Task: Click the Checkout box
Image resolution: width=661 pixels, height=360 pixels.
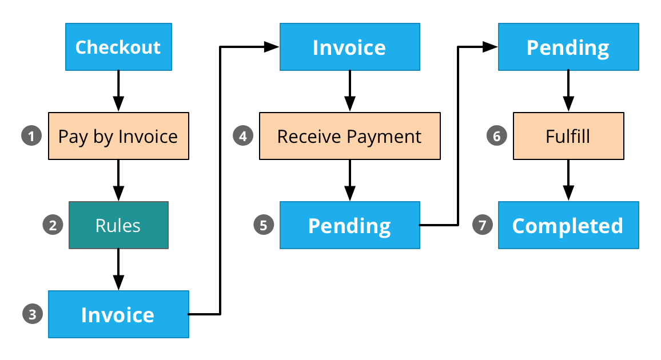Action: [118, 47]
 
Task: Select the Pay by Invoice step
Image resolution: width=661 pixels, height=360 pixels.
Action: [118, 136]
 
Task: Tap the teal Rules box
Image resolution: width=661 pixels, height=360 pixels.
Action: [118, 225]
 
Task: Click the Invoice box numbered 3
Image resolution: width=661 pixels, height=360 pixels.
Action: [118, 314]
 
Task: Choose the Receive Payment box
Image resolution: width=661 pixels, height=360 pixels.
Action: [349, 136]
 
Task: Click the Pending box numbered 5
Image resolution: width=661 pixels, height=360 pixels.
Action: [349, 225]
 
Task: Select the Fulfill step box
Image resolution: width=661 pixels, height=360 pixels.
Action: [568, 136]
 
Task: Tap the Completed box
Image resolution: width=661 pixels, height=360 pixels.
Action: [568, 225]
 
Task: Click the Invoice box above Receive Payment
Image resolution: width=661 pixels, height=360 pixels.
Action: [349, 47]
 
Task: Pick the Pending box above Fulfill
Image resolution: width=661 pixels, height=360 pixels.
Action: [568, 47]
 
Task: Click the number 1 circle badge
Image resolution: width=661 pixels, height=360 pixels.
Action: [31, 136]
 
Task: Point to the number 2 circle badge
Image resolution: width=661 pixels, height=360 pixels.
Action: [53, 225]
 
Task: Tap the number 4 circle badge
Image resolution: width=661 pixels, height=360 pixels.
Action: [243, 136]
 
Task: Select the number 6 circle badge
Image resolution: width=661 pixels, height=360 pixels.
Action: [496, 136]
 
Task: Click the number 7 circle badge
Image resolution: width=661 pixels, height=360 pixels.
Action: [482, 225]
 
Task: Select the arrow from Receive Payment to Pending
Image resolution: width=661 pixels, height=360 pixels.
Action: [349, 181]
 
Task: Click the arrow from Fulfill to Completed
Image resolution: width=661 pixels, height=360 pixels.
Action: [568, 181]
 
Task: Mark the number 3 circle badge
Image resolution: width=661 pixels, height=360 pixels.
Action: [33, 314]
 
